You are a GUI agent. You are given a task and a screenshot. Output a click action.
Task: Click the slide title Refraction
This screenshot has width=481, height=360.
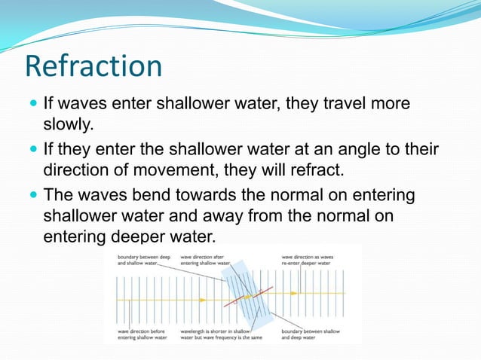[93, 66]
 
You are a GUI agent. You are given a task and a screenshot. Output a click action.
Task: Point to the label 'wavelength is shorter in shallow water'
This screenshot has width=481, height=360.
[224, 334]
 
